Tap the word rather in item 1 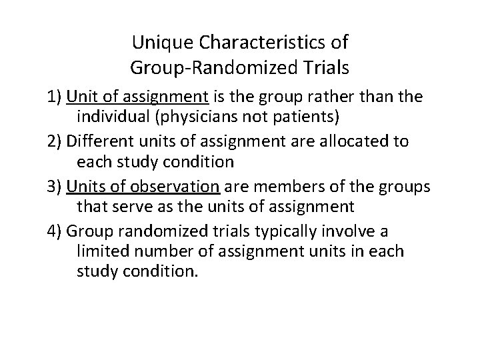coord(337,97)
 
